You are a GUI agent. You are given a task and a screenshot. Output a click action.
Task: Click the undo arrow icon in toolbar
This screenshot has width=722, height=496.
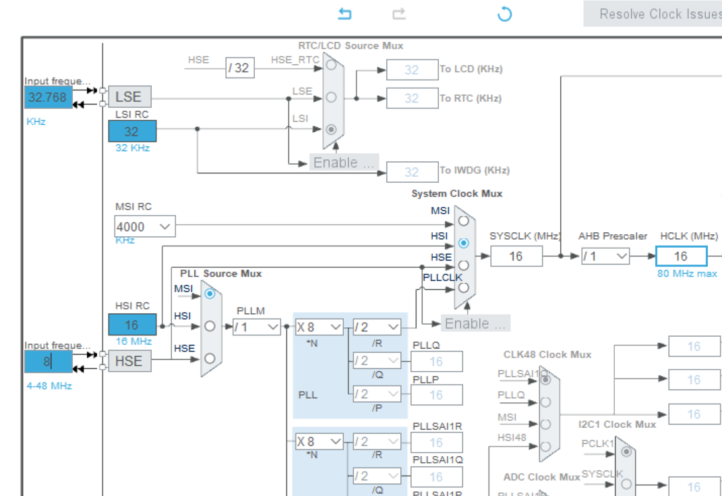coord(344,14)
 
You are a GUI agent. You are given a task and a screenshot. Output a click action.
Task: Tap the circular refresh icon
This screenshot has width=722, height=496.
coord(504,14)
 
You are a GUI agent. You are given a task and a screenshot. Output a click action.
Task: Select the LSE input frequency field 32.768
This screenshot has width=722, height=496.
coord(48,97)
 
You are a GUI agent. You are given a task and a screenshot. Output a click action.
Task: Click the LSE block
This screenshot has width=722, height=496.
coord(129,97)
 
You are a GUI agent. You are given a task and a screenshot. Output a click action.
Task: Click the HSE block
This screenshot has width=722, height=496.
coord(129,360)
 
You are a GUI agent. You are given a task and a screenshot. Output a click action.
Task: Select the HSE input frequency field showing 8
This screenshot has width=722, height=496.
coord(48,361)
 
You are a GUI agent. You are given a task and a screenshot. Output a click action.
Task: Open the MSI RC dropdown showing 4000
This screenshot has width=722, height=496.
coord(145,227)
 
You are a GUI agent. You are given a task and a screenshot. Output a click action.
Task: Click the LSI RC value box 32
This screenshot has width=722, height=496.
coord(132,132)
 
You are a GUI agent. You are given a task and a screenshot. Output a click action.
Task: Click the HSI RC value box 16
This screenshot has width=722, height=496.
coord(132,325)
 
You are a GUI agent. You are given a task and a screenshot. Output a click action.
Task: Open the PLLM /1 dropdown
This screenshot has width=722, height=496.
coord(257,327)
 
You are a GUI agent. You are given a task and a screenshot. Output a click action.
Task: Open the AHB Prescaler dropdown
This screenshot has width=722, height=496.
coord(605,256)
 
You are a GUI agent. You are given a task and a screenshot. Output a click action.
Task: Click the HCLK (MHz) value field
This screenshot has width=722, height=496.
coord(681,256)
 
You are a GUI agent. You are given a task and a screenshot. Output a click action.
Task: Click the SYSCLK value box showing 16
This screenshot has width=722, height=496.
coord(516,256)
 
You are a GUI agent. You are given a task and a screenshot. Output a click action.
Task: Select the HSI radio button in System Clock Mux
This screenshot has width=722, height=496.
coord(463,242)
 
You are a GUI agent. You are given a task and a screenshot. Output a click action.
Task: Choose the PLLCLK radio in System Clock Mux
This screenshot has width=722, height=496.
coord(463,287)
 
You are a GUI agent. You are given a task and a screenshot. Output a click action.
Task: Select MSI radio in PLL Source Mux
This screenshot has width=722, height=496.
coord(210,294)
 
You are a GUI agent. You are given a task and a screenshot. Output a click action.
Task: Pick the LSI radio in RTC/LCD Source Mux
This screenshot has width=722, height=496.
coord(331,129)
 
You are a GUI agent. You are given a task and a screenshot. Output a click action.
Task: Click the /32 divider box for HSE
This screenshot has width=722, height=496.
coord(239,67)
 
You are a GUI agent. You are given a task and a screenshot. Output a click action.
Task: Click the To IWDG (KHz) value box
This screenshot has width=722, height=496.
coord(411,172)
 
